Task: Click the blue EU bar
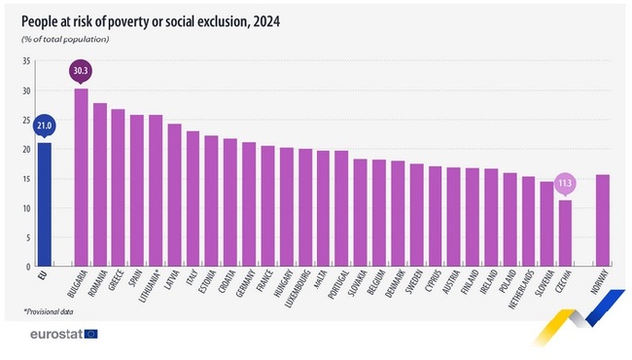[43, 204]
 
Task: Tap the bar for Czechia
[565, 234]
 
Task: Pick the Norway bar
[603, 220]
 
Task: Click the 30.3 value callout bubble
[81, 71]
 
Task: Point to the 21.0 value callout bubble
[43, 126]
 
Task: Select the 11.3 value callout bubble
[565, 183]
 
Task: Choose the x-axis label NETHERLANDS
[528, 294]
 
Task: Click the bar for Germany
[248, 204]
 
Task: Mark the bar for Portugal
[341, 208]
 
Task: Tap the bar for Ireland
[491, 218]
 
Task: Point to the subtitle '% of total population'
[65, 39]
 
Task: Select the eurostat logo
[60, 334]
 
